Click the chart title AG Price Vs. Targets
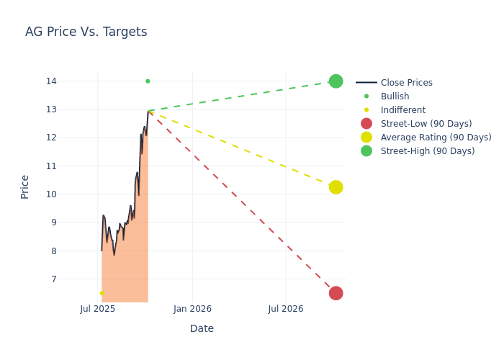coord(86,32)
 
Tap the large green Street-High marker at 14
coord(336,81)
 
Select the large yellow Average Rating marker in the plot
coord(336,187)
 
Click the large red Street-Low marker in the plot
coord(336,293)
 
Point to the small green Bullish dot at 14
coord(148,81)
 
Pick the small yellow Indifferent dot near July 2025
coord(102,293)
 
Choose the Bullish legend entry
coord(395,96)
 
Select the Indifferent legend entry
coord(402,110)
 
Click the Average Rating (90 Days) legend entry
coord(436,138)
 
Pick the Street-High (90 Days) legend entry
coord(428,151)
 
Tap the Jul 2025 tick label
coord(98,309)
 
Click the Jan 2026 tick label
coord(192,309)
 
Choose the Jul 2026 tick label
coord(286,309)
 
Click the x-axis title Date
coord(202,328)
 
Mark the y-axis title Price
coord(25,186)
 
